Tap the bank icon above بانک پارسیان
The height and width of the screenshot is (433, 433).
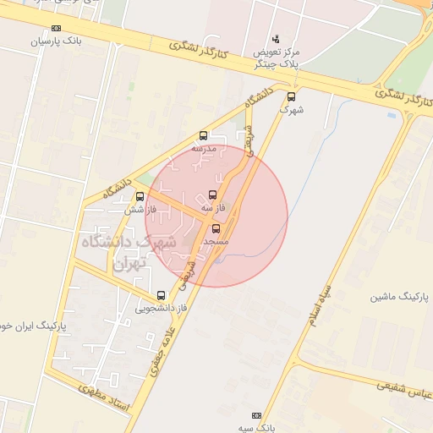[56, 28]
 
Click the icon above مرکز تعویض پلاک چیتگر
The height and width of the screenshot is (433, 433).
[276, 39]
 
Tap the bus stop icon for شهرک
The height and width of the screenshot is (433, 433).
[292, 96]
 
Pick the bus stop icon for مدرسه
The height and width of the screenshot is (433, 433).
[203, 135]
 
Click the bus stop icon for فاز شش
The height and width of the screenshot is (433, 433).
[140, 196]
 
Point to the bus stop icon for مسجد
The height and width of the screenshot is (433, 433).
[215, 227]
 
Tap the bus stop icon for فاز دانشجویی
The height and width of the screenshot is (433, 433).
[161, 295]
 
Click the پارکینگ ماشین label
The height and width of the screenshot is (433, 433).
[400, 298]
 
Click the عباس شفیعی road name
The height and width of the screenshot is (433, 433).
[397, 386]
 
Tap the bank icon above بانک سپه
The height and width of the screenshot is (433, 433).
[257, 416]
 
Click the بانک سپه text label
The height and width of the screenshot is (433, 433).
[257, 428]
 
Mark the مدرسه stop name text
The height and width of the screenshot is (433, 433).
[204, 148]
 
